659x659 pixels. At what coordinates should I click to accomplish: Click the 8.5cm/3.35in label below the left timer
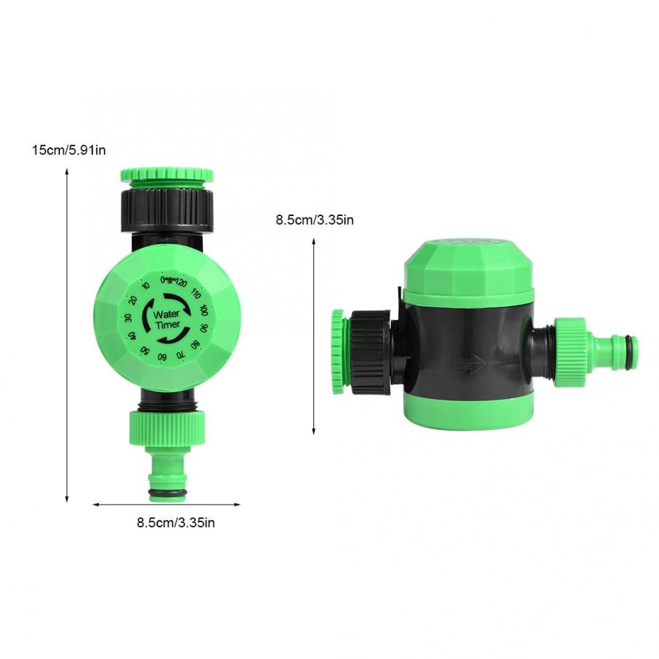(176, 522)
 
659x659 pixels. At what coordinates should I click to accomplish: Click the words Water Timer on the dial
(166, 319)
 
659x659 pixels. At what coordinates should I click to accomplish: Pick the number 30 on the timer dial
(128, 318)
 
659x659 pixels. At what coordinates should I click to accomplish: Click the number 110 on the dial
(195, 293)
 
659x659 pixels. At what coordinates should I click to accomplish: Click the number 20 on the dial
(133, 300)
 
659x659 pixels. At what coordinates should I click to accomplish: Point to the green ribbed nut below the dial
(166, 428)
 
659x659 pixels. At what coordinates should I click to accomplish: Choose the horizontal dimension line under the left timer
(166, 504)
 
